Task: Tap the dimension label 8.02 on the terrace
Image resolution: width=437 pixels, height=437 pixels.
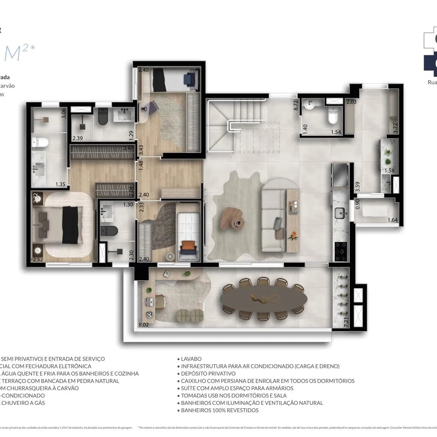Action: click(144, 325)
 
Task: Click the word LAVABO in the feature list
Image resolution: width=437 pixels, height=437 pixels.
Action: click(191, 359)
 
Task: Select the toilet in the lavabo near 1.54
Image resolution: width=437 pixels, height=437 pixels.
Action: click(333, 117)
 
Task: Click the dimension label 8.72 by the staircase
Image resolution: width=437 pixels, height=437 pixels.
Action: click(296, 106)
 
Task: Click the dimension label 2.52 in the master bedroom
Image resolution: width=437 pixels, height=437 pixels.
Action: click(38, 259)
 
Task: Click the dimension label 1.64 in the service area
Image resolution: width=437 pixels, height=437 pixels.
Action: click(393, 220)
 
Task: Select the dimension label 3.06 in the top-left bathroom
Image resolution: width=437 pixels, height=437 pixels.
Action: click(64, 113)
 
